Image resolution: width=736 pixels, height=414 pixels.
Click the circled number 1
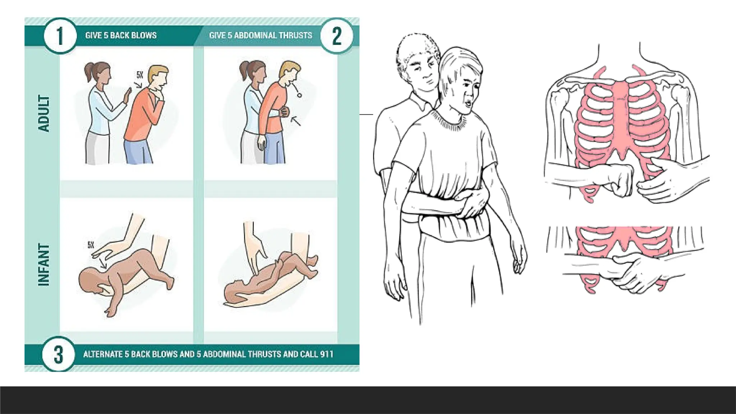pyautogui.click(x=60, y=36)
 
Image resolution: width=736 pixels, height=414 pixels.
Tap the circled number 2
pyautogui.click(x=336, y=36)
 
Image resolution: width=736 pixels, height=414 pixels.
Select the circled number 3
pyautogui.click(x=59, y=354)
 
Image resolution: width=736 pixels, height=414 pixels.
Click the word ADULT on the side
pyautogui.click(x=44, y=114)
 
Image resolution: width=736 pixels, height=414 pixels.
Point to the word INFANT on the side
pyautogui.click(x=43, y=265)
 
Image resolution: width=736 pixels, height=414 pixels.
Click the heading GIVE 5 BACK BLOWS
pyautogui.click(x=121, y=35)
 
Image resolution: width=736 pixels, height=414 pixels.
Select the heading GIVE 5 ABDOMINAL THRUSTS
pyautogui.click(x=261, y=35)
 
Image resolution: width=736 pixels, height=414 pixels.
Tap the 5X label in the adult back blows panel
pyautogui.click(x=140, y=75)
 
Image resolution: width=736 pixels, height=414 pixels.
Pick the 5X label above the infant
pyautogui.click(x=91, y=245)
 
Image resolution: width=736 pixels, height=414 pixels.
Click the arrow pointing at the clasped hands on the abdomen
pyautogui.click(x=296, y=121)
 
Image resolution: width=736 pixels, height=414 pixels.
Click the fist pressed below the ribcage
pyautogui.click(x=617, y=180)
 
